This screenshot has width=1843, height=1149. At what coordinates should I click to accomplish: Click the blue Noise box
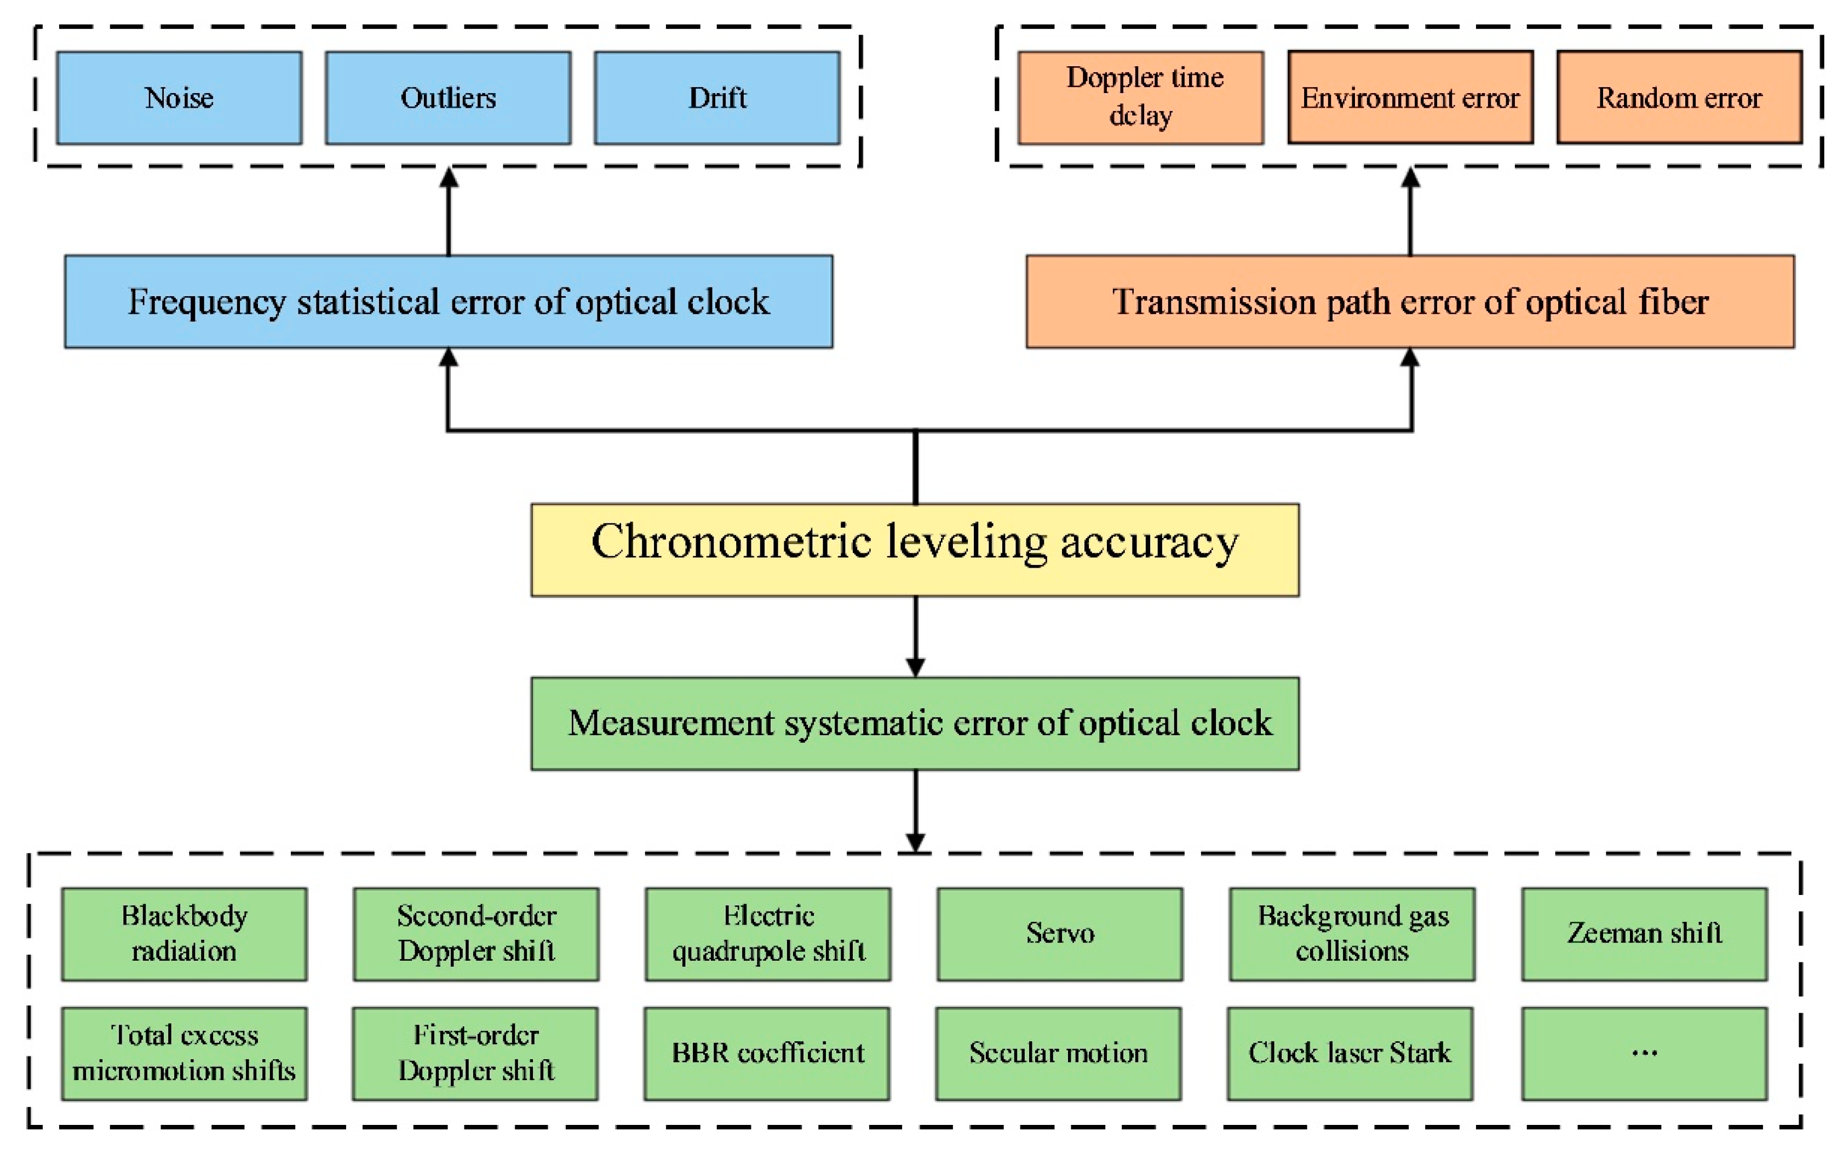click(x=180, y=98)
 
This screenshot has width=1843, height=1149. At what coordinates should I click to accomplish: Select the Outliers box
click(x=448, y=98)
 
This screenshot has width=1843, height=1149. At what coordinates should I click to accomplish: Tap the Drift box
click(x=717, y=98)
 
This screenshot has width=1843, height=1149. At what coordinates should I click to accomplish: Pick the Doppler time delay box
click(x=1140, y=98)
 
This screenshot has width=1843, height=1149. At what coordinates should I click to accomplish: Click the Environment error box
click(x=1410, y=98)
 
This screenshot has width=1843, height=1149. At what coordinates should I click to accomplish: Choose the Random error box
click(x=1679, y=98)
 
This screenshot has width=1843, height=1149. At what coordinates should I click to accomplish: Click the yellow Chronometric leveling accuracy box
click(x=915, y=550)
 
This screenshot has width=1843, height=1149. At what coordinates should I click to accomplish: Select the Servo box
click(x=1060, y=934)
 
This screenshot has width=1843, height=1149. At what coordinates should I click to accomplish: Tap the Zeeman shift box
click(x=1644, y=934)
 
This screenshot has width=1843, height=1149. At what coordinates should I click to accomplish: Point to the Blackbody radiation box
click(x=184, y=934)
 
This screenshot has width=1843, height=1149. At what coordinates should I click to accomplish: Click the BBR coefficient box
click(x=767, y=1053)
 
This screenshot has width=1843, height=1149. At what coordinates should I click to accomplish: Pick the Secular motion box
click(x=1058, y=1053)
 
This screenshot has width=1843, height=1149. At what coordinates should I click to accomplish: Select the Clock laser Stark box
click(x=1350, y=1053)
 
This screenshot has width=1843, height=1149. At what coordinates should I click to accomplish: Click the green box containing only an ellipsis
click(x=1644, y=1053)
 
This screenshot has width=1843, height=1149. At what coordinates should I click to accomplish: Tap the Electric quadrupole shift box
click(x=768, y=934)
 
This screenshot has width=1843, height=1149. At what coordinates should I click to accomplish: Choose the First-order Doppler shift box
click(x=475, y=1053)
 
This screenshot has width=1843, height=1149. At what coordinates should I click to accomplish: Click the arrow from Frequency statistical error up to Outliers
click(x=449, y=213)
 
